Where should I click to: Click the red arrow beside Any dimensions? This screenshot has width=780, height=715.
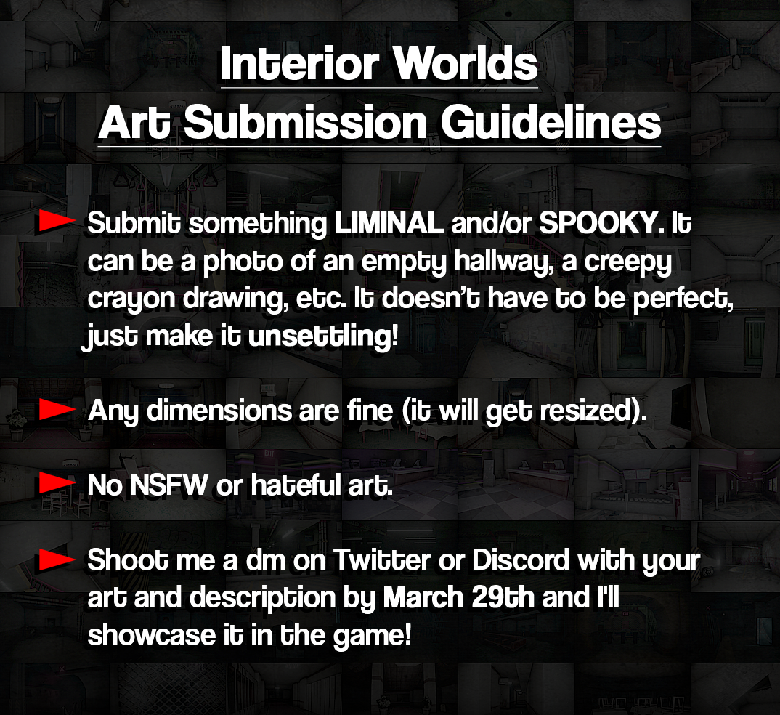[57, 411]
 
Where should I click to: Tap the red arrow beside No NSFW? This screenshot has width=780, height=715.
[57, 482]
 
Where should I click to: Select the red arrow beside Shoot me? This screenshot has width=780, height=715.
[57, 560]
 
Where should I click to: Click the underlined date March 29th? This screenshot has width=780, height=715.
[458, 597]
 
